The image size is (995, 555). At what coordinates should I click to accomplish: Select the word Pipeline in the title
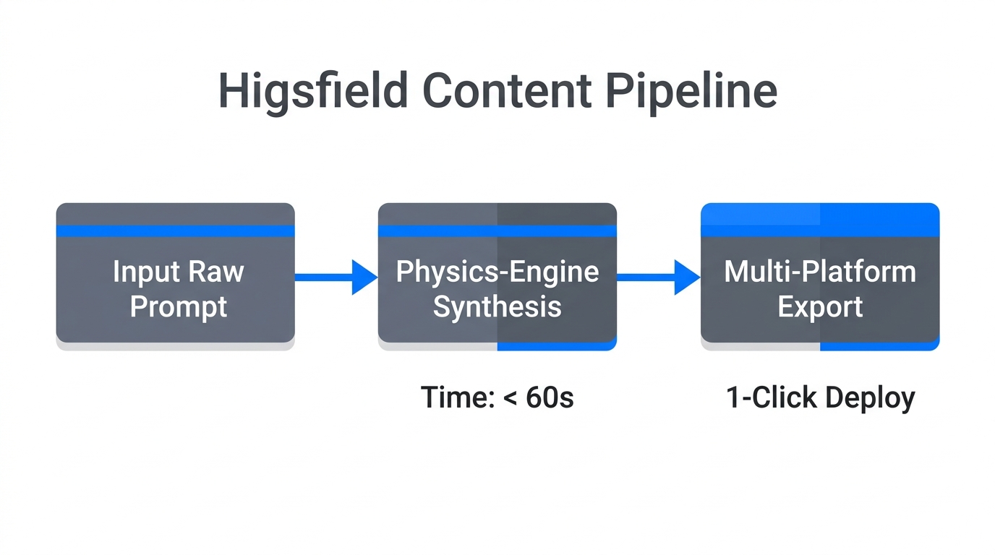point(691,92)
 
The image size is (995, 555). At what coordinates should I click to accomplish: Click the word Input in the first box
point(143,272)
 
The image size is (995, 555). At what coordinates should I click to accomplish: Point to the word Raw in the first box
point(213,272)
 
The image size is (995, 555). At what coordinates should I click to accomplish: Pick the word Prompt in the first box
point(178,306)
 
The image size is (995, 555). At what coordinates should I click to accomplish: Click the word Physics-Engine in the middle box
point(497,272)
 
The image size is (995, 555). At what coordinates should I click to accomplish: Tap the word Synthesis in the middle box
point(497,306)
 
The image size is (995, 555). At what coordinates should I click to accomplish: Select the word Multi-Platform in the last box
point(820,272)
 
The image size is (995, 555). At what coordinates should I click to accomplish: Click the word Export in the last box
point(820,306)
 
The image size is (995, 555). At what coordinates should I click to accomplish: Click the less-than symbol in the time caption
point(510,398)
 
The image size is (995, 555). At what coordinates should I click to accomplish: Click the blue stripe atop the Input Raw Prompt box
point(175,231)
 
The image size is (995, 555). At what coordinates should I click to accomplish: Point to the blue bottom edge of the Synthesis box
point(557,346)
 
